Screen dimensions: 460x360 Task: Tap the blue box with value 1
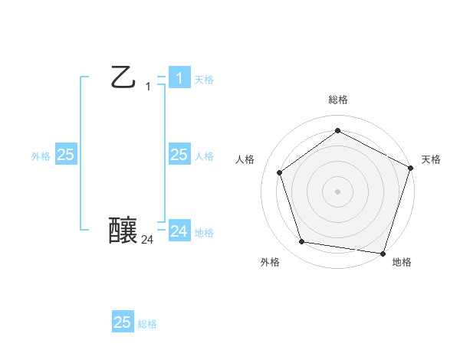click(179, 77)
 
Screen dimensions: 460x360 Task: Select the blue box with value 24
click(179, 231)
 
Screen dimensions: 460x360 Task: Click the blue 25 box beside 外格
click(65, 155)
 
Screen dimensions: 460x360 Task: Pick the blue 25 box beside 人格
click(179, 155)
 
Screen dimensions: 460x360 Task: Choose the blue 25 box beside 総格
click(123, 322)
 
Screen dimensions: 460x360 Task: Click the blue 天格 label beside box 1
click(204, 80)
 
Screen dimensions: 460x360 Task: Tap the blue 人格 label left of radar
click(204, 156)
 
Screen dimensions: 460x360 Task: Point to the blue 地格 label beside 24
click(204, 233)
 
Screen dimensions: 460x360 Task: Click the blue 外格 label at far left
click(41, 156)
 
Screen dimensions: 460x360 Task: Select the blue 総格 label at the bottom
click(147, 324)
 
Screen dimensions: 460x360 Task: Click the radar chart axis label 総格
click(337, 100)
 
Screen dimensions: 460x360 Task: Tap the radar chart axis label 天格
click(431, 159)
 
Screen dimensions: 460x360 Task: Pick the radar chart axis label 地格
click(402, 262)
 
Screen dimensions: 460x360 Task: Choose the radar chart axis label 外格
click(270, 262)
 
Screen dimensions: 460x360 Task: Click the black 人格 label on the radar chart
click(245, 159)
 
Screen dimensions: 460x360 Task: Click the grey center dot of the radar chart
click(337, 191)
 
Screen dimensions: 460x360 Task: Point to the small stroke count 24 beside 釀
click(147, 240)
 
